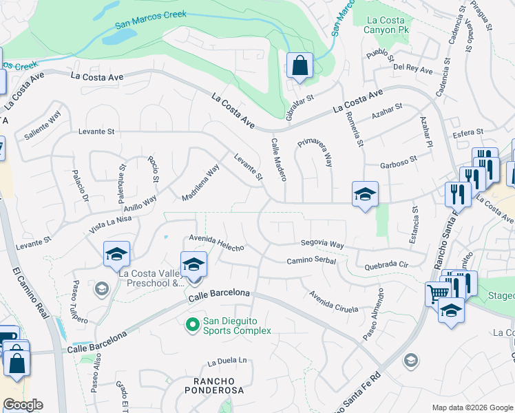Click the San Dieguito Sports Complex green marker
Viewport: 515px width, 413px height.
(193, 322)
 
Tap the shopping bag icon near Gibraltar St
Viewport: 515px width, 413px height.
(299, 66)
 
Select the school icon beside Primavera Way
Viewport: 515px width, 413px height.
(365, 194)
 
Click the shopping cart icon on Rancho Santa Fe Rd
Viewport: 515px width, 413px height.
(438, 294)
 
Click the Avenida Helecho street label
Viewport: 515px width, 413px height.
(217, 243)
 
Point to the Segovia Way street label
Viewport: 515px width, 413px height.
(322, 244)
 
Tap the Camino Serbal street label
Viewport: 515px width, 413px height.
(311, 261)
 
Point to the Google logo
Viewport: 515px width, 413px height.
(23, 405)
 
